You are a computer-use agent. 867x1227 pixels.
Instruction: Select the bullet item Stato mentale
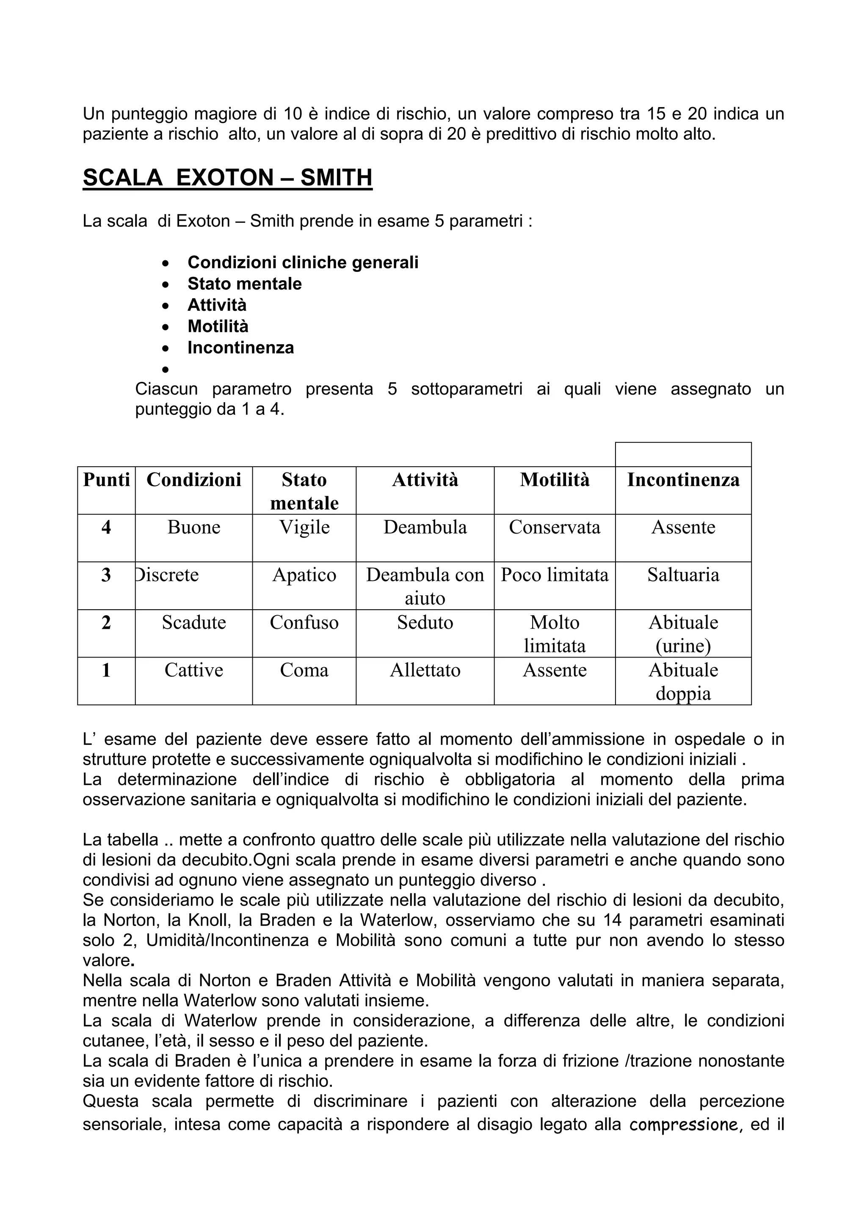(x=244, y=284)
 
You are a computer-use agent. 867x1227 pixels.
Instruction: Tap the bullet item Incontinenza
(x=240, y=348)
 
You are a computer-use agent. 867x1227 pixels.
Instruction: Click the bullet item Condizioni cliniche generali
(x=303, y=263)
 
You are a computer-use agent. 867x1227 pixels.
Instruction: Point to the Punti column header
(x=106, y=480)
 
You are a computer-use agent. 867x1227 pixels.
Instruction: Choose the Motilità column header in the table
(x=555, y=480)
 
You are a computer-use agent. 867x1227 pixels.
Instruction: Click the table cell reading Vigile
(x=304, y=528)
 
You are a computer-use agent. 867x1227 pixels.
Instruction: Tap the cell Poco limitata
(x=555, y=575)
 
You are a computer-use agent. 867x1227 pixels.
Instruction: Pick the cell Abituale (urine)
(x=683, y=634)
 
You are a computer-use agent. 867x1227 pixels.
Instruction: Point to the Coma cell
(x=304, y=670)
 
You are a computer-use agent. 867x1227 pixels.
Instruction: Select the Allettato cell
(x=425, y=670)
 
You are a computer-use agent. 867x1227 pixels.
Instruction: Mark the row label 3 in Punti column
(x=106, y=575)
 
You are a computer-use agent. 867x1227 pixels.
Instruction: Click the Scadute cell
(x=194, y=622)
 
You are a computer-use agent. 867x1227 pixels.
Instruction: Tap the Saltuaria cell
(x=683, y=575)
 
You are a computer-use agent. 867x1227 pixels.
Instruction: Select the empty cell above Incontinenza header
(x=683, y=454)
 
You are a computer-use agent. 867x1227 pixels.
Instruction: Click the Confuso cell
(x=304, y=622)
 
